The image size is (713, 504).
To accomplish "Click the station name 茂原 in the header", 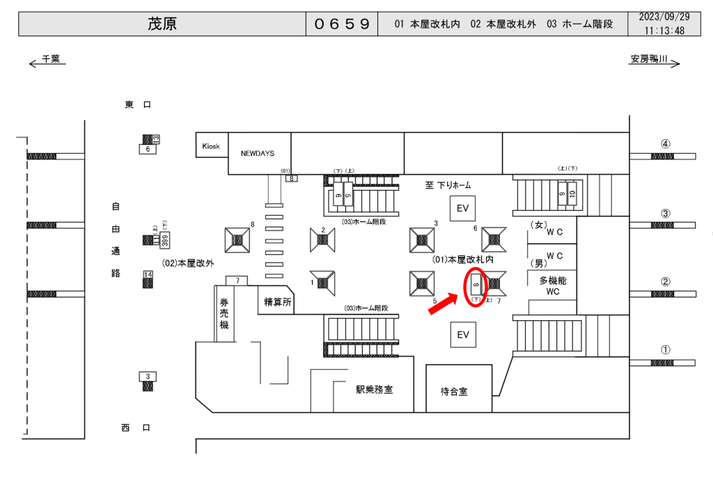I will [162, 24].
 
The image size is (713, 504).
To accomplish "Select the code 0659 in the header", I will [342, 24].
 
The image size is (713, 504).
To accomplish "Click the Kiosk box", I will [210, 146].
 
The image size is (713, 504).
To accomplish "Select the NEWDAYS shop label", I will [258, 152].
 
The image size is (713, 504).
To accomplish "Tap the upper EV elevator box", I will [462, 208].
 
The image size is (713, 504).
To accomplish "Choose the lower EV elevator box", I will [462, 335].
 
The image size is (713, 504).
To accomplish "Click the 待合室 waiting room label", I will [454, 392].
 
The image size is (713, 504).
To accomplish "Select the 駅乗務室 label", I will [374, 389].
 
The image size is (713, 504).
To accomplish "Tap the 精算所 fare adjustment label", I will [277, 302].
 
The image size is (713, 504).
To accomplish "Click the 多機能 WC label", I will [553, 285].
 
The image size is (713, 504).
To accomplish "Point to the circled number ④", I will [666, 144].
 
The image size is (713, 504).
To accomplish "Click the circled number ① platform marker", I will [666, 350].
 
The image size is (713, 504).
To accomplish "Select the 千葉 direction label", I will [51, 61].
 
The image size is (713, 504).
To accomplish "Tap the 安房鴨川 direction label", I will [649, 61].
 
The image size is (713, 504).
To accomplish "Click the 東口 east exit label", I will [138, 104].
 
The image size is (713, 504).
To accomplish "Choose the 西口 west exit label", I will [136, 428].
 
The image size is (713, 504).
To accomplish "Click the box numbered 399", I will [165, 240].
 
